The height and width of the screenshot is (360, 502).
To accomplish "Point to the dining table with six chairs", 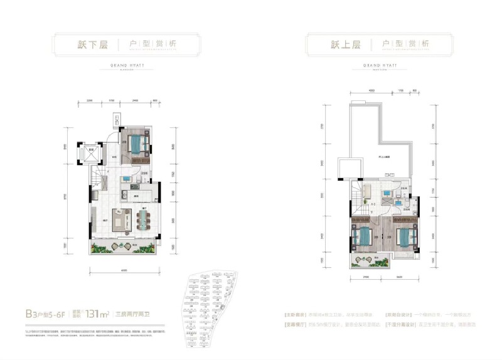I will (144, 220).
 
